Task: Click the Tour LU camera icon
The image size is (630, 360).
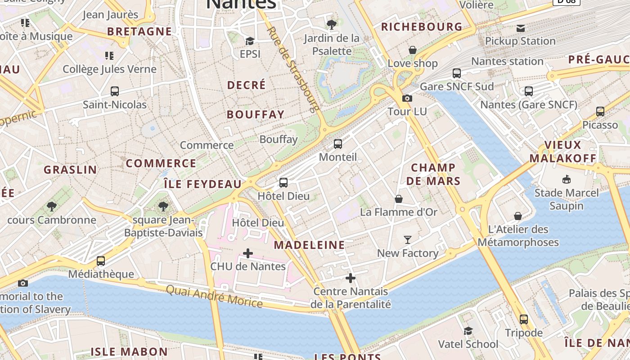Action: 407,99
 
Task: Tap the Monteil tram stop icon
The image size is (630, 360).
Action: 337,144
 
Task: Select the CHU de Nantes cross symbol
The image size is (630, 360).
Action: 248,253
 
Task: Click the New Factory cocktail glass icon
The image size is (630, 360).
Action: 408,240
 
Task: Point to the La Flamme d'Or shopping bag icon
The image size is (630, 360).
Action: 399,199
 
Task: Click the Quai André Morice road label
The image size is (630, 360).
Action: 214,296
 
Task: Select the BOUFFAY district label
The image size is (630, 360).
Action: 256,115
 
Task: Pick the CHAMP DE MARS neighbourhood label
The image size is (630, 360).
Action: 433,174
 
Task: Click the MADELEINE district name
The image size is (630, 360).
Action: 310,245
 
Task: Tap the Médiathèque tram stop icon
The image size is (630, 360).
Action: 101,261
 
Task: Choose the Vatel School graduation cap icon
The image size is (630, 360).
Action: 468,331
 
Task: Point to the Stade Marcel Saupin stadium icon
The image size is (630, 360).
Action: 566,180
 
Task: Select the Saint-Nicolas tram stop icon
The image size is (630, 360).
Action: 115,91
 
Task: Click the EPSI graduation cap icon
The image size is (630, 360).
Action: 250,41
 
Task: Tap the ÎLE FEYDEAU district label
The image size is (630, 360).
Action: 202,184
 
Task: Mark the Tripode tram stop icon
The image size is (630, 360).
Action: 523,319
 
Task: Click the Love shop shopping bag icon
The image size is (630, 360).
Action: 413,50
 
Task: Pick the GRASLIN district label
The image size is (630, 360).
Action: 70,170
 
